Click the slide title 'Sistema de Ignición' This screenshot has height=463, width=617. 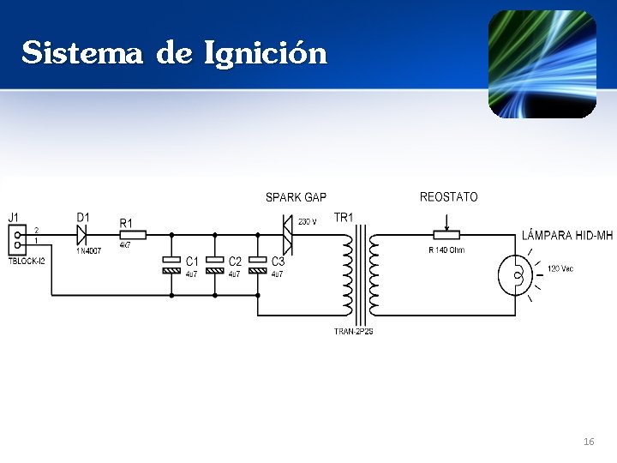175,53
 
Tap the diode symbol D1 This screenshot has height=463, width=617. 83,234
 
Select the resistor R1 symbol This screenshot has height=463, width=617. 132,234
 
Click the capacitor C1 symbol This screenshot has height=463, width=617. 172,264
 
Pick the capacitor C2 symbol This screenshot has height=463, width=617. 215,264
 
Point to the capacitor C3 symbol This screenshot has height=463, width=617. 258,264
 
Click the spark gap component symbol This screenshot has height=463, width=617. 288,234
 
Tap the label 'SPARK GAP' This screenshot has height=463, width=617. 296,198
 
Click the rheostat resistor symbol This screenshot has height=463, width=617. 446,234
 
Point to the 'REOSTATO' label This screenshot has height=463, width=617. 448,197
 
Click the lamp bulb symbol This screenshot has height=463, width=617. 516,274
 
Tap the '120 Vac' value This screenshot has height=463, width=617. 560,268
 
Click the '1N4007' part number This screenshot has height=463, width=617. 88,251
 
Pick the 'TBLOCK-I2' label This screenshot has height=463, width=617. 27,261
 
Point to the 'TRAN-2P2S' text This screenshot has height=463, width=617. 353,332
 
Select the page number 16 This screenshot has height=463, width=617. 588,442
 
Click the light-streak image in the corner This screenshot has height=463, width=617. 542,64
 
